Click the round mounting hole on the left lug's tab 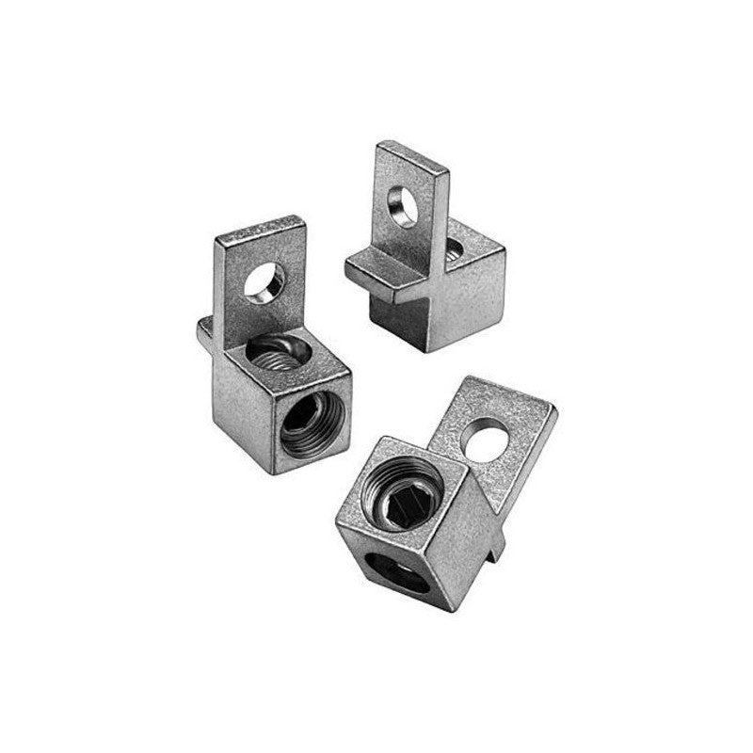[266, 281]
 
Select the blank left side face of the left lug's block [235, 395]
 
